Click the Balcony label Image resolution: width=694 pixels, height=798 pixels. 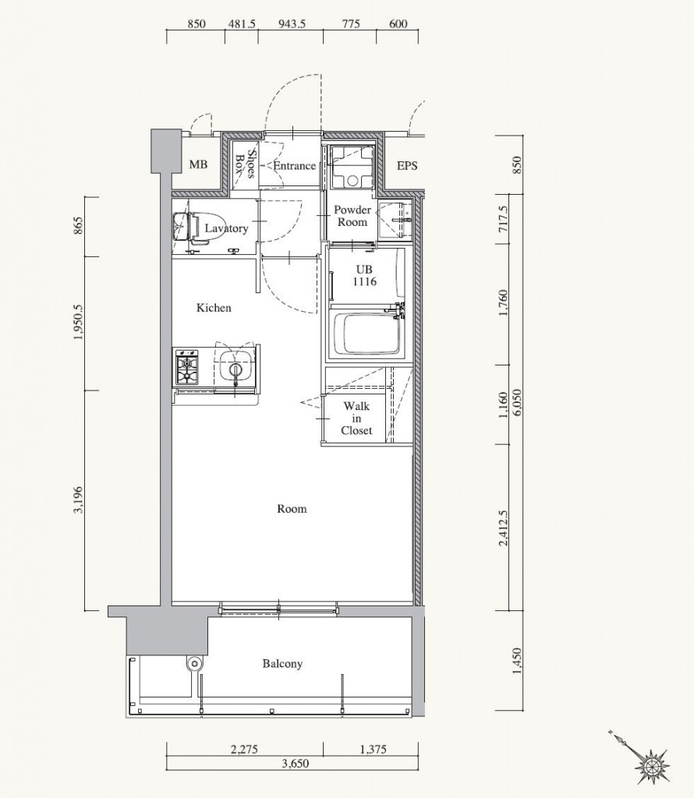point(282,664)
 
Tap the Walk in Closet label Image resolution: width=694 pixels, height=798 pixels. point(356,418)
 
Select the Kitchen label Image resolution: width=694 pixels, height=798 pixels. point(214,307)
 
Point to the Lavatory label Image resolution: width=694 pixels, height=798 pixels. point(226,228)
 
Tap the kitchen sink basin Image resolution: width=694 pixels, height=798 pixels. point(235,366)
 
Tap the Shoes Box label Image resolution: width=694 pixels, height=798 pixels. point(244,164)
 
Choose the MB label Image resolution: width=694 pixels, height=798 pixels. point(198,165)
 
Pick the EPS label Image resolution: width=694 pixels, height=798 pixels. point(407,165)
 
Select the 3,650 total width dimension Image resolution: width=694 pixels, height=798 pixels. point(295,764)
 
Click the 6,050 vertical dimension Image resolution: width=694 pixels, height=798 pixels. point(517,403)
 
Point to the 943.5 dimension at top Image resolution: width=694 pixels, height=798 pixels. point(292,24)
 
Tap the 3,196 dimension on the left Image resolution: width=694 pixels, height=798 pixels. point(78,500)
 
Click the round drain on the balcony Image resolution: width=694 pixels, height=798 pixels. point(193,663)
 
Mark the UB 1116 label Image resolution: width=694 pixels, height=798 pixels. point(365,275)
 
